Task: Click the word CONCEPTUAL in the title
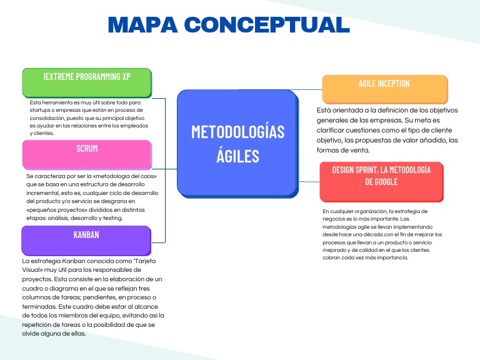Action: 266,24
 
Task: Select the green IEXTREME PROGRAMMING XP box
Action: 87,82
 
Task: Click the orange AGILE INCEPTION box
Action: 384,89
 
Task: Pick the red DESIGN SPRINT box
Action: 381,181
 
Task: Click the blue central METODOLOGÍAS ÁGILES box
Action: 237,142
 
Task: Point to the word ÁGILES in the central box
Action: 237,156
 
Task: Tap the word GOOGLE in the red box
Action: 382,182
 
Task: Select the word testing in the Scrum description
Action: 110,219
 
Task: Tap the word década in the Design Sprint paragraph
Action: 374,234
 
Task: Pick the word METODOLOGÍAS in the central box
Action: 237,132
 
